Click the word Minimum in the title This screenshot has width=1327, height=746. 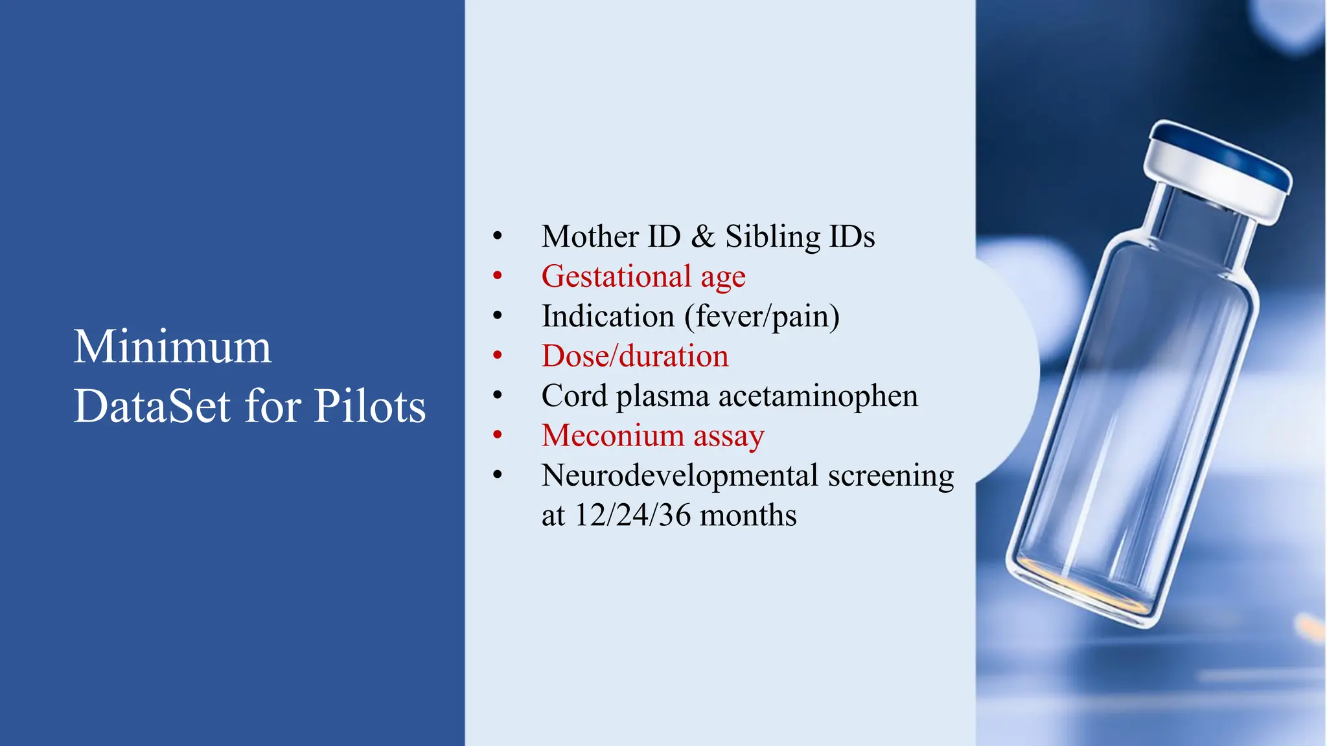pos(172,347)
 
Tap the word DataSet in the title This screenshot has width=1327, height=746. pos(152,407)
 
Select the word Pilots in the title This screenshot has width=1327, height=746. pos(369,407)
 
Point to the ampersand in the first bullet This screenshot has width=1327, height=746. pos(702,236)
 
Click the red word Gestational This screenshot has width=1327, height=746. pos(616,277)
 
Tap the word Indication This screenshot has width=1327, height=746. pos(608,317)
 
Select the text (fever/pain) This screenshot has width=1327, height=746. pos(762,317)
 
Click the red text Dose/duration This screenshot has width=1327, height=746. pos(635,356)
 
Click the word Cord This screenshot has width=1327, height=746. pos(573,396)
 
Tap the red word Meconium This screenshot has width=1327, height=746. pos(612,436)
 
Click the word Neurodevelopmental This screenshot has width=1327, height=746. pos(680,476)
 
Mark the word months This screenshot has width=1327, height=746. pos(748,516)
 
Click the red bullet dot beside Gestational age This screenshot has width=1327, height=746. pos(497,277)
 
